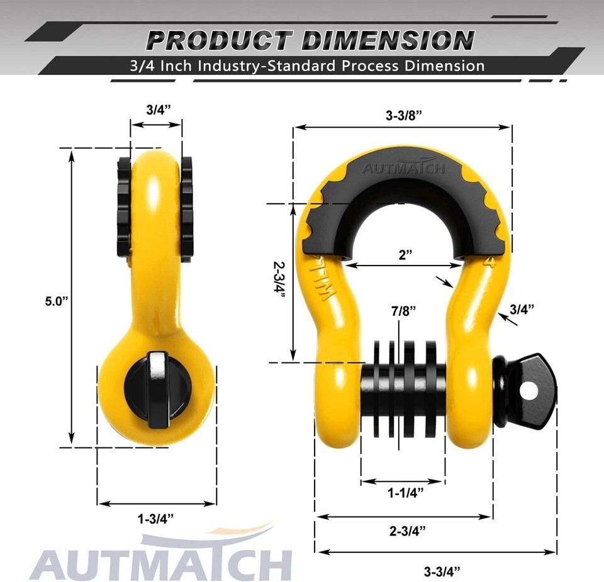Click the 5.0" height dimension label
[56, 301]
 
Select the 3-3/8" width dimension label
[404, 115]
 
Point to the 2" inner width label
[405, 255]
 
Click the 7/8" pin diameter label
[404, 311]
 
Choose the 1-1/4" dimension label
[406, 493]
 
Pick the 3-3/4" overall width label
[442, 571]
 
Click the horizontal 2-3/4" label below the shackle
[408, 531]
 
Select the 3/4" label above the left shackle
[159, 109]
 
